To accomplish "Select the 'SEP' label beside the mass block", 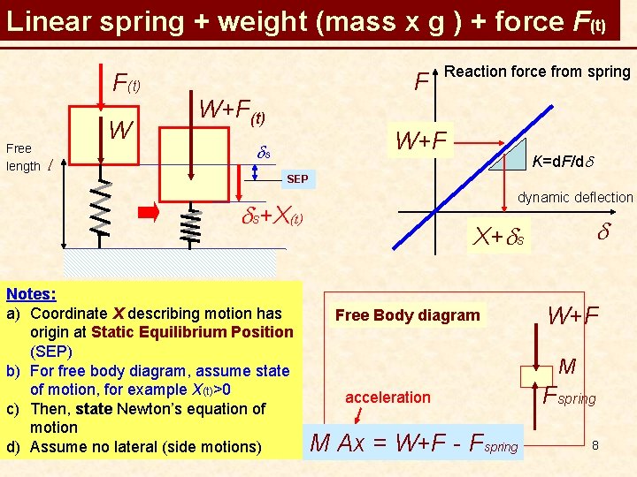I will [x=297, y=179].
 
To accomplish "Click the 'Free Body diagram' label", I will [x=408, y=315].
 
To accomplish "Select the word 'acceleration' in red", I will [x=388, y=397].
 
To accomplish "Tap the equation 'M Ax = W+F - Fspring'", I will [x=413, y=441].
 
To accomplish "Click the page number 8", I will [x=596, y=444].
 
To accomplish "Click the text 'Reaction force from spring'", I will [x=538, y=72].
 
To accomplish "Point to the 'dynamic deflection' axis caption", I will [x=575, y=198].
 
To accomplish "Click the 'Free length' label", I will [x=23, y=157].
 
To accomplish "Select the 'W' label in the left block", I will [x=120, y=132].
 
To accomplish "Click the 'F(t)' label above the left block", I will [x=127, y=84].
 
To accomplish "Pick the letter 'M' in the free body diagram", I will [x=568, y=366].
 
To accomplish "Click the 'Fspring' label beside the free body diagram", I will [x=570, y=394].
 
